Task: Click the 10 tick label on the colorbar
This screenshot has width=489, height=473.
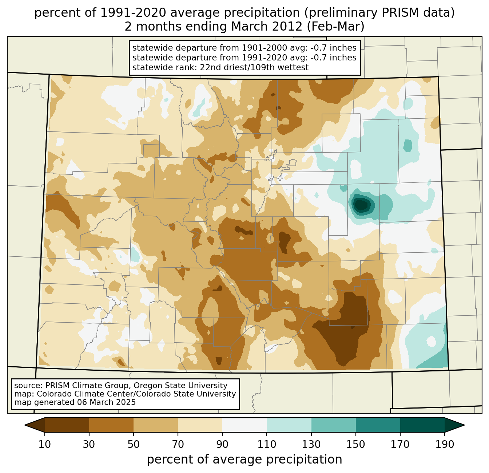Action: click(x=45, y=444)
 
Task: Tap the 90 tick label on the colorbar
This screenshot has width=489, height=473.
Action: click(x=222, y=444)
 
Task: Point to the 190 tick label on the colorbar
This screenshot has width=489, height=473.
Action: click(x=445, y=444)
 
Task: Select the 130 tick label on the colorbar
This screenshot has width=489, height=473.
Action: click(x=311, y=444)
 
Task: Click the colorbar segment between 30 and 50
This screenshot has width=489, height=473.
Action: click(x=111, y=425)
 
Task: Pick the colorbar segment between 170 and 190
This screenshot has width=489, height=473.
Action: click(x=422, y=425)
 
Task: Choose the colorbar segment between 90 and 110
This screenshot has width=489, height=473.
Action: click(x=244, y=425)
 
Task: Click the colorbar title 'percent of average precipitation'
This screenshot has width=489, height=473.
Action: click(x=244, y=460)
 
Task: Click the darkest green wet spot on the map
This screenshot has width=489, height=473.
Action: click(x=361, y=205)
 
